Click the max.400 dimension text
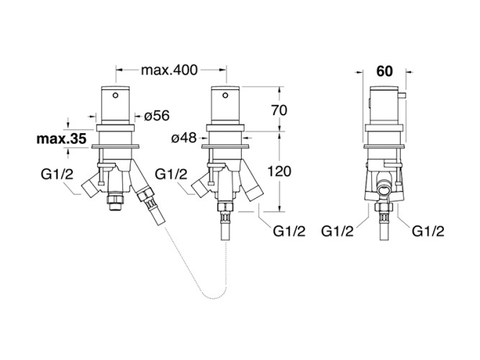pyautogui.click(x=169, y=70)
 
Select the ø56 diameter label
pyautogui.click(x=156, y=115)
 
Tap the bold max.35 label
pyautogui.click(x=61, y=138)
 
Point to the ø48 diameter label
pyautogui.click(x=185, y=137)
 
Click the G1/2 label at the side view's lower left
pyautogui.click(x=337, y=230)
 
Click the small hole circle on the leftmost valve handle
pyautogui.click(x=117, y=94)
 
